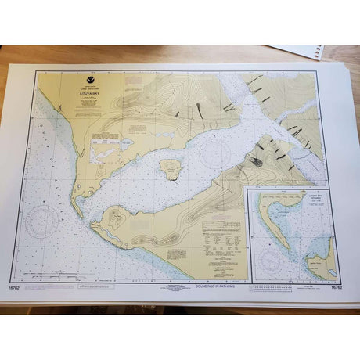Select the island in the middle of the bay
click(170, 169)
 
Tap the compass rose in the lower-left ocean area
click(41, 221)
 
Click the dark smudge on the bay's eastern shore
click(256, 161)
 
